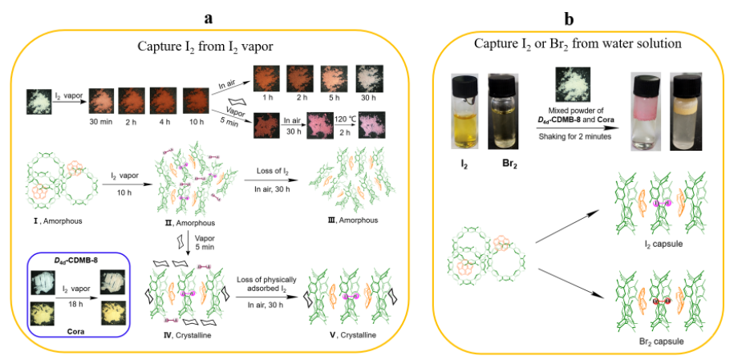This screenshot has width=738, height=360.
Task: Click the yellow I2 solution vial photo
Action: (467, 108)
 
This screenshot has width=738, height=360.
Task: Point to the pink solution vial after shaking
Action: (649, 108)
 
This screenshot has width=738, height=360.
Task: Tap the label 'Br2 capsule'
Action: (663, 342)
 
